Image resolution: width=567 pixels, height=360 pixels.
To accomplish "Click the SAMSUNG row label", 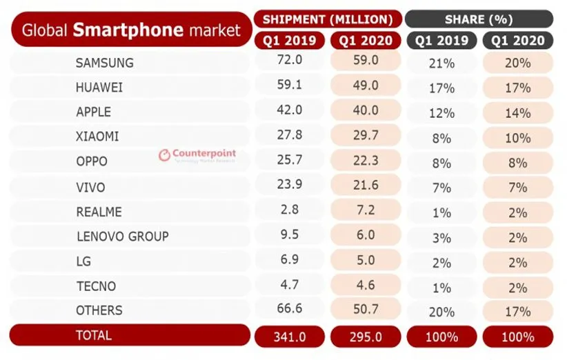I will [104, 63].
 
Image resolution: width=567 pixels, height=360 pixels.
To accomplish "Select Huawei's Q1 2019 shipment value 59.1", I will [289, 87].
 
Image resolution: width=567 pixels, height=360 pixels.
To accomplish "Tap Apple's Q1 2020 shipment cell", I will [366, 111].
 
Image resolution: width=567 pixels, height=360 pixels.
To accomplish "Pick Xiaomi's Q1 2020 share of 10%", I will [517, 137].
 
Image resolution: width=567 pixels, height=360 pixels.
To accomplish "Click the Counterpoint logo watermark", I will [197, 155].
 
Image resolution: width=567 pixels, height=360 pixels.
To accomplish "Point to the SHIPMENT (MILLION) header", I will [327, 19].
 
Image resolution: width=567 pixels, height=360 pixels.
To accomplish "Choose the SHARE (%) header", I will [479, 19].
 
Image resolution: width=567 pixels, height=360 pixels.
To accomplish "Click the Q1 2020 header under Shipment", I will [366, 41].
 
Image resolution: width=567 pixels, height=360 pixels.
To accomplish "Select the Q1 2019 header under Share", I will [441, 41].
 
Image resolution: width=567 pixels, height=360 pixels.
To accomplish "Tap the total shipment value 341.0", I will [289, 337].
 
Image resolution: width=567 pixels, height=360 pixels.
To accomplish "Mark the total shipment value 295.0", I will [366, 337].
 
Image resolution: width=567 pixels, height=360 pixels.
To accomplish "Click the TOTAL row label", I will [93, 335].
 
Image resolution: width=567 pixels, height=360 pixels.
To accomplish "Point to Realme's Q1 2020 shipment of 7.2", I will [366, 210].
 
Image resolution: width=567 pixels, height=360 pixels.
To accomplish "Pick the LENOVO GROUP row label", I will [122, 236].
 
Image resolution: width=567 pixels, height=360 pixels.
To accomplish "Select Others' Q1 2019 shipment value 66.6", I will [289, 310].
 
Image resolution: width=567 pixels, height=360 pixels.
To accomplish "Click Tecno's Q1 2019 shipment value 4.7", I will [289, 285].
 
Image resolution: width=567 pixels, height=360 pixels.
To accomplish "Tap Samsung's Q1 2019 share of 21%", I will [441, 63].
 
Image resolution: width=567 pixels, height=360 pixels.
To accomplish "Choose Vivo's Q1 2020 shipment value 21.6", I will [366, 186].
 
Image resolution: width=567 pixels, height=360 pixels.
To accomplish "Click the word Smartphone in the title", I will [128, 30].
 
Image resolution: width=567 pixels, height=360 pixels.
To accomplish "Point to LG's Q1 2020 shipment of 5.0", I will [366, 261].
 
